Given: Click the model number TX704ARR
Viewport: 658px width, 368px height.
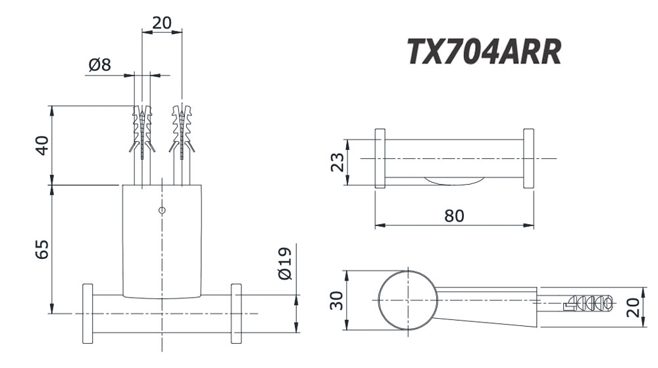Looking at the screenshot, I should pyautogui.click(x=484, y=51).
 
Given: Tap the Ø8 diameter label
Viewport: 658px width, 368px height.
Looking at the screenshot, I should pyautogui.click(x=99, y=65).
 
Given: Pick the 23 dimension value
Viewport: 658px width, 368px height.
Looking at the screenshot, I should pyautogui.click(x=336, y=162).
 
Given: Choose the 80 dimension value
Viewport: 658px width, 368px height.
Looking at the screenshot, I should pyautogui.click(x=453, y=216).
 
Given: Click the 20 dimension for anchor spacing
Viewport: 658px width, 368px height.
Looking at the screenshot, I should pyautogui.click(x=161, y=22).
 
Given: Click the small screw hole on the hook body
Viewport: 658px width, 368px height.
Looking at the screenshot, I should pyautogui.click(x=163, y=210).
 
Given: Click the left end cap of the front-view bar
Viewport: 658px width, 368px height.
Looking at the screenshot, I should pyautogui.click(x=88, y=313).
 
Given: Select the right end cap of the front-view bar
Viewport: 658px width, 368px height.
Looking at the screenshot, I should pyautogui.click(x=236, y=313).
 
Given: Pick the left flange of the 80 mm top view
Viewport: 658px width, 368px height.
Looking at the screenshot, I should pyautogui.click(x=380, y=159).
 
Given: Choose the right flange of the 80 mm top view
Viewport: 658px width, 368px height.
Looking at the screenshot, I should pyautogui.click(x=528, y=159).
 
